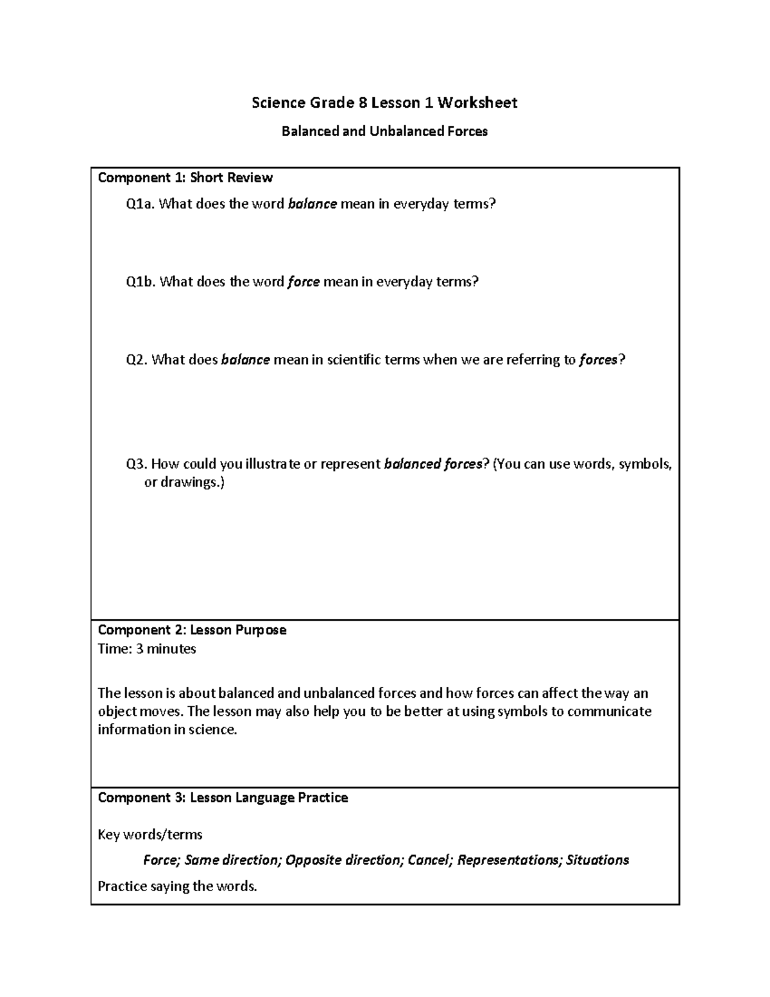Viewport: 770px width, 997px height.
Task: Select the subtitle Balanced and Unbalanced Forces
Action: pos(384,132)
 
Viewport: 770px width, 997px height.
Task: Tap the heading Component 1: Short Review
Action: pos(185,178)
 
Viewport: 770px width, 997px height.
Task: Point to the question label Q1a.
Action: pos(140,204)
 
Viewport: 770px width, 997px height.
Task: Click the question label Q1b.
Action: pos(141,282)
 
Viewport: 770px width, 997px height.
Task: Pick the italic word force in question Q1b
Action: pos(304,282)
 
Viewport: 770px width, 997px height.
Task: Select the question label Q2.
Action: pos(137,360)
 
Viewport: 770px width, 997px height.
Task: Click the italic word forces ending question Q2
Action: pos(598,360)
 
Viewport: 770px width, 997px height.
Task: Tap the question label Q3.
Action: pos(137,464)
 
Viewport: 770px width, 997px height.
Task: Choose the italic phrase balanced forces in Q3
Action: pos(432,464)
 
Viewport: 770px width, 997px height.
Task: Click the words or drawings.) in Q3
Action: pos(184,482)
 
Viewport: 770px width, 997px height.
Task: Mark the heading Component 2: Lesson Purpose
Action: pos(191,630)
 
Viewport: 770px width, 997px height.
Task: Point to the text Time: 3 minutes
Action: pos(146,649)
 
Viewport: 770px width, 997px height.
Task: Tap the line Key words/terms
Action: pos(150,835)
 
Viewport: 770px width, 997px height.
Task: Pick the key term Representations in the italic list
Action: pos(508,860)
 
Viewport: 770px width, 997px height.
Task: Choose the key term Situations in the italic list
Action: pos(597,860)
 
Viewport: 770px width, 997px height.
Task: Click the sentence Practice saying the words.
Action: pos(176,887)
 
